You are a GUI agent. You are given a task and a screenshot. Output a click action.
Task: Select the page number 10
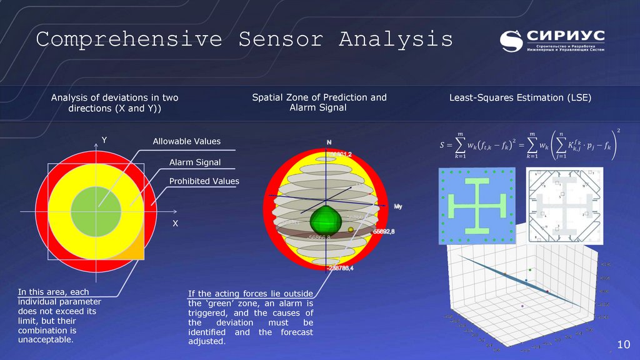coord(623,345)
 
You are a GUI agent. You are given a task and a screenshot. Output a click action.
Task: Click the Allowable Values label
coord(186,142)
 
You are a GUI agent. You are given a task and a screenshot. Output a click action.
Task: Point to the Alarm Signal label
coord(194,162)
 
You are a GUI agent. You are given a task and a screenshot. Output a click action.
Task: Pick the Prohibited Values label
coord(204,182)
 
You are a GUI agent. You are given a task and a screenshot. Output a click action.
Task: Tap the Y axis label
coord(104,141)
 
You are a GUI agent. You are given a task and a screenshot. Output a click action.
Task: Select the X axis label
coord(175,223)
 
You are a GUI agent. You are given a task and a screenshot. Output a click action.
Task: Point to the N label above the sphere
coord(329,142)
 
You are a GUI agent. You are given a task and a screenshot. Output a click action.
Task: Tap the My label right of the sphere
coord(398,206)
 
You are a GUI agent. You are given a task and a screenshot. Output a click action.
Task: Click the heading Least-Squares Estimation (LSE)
coord(520,98)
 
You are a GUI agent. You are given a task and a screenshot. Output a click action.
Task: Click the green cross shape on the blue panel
coord(476,204)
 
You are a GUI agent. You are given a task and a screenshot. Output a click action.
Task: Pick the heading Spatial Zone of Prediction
coord(319,97)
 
